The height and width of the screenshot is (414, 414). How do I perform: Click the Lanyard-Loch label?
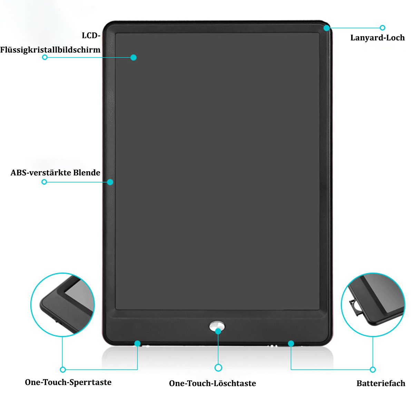377,38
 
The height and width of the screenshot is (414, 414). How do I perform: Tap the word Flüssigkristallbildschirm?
50,50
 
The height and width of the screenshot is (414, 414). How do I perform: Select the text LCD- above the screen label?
91,36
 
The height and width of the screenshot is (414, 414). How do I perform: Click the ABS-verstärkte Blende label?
56,173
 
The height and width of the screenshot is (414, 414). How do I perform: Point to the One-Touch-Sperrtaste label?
68,382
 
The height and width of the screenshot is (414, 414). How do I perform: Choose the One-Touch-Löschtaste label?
213,383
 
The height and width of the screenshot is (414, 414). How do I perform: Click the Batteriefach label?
381,383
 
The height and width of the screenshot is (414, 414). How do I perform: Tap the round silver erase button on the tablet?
217,326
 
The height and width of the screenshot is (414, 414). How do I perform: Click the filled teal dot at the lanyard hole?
327,28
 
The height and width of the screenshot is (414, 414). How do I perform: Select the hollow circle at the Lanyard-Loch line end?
382,28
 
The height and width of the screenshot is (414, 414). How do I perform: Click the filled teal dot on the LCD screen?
134,57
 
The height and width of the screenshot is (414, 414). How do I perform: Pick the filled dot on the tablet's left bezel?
110,182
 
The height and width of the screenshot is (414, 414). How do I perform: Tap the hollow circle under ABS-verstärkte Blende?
44,182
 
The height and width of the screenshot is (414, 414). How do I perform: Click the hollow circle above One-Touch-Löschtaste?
218,367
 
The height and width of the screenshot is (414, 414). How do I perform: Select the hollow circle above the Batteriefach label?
373,369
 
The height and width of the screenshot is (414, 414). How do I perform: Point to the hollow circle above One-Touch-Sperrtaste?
63,369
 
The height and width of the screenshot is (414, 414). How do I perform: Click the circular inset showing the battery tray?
373,305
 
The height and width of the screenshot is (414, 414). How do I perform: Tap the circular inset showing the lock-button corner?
62,305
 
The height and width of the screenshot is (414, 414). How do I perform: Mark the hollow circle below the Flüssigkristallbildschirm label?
45,57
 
